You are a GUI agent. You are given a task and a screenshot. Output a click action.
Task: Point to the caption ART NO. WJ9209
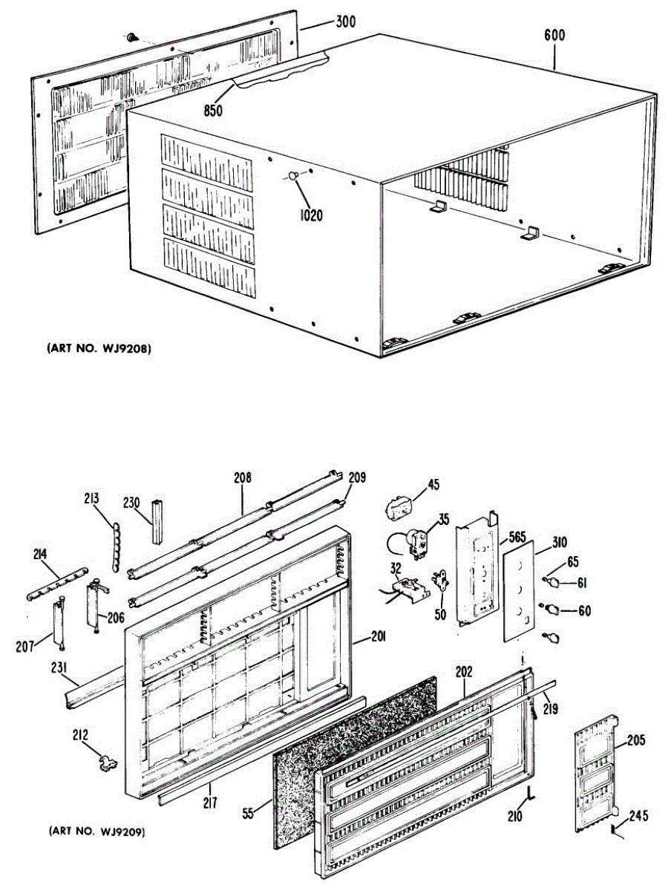tap(96, 831)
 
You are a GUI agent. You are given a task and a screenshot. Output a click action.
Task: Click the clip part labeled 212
tap(108, 760)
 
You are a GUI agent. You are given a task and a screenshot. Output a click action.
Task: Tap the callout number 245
tap(637, 817)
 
